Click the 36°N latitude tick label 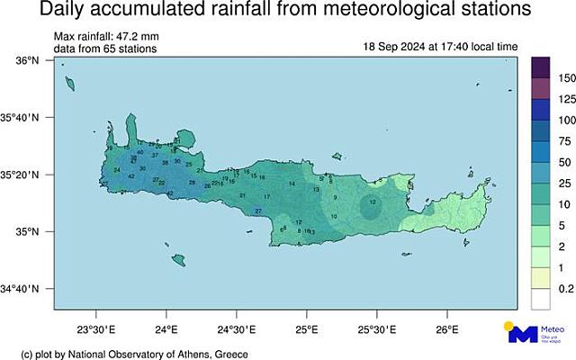click(27, 60)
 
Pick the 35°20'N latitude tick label click(22, 175)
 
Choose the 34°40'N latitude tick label click(22, 289)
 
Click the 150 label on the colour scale click(565, 78)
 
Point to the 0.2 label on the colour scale click(565, 289)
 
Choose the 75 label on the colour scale click(565, 141)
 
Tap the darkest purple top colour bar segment click(541, 67)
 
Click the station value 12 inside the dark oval click(373, 203)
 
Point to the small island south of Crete click(178, 260)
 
